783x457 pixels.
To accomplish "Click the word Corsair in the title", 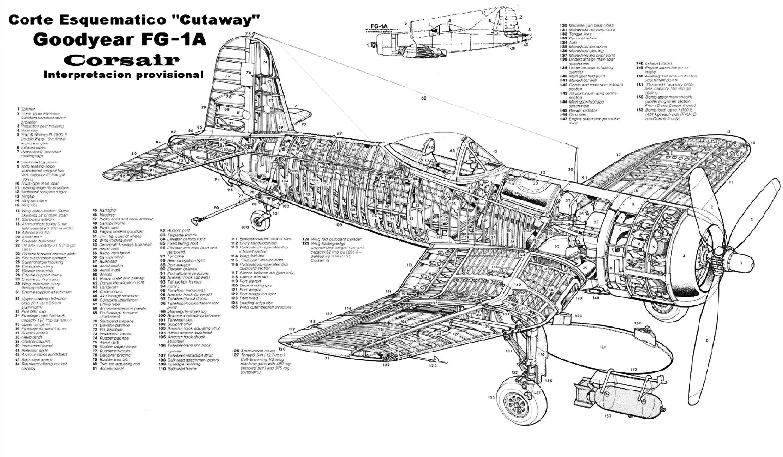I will point(123,60).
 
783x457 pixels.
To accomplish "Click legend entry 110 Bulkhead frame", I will point(180,369).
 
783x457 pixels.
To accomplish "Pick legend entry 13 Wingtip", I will point(26,196).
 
